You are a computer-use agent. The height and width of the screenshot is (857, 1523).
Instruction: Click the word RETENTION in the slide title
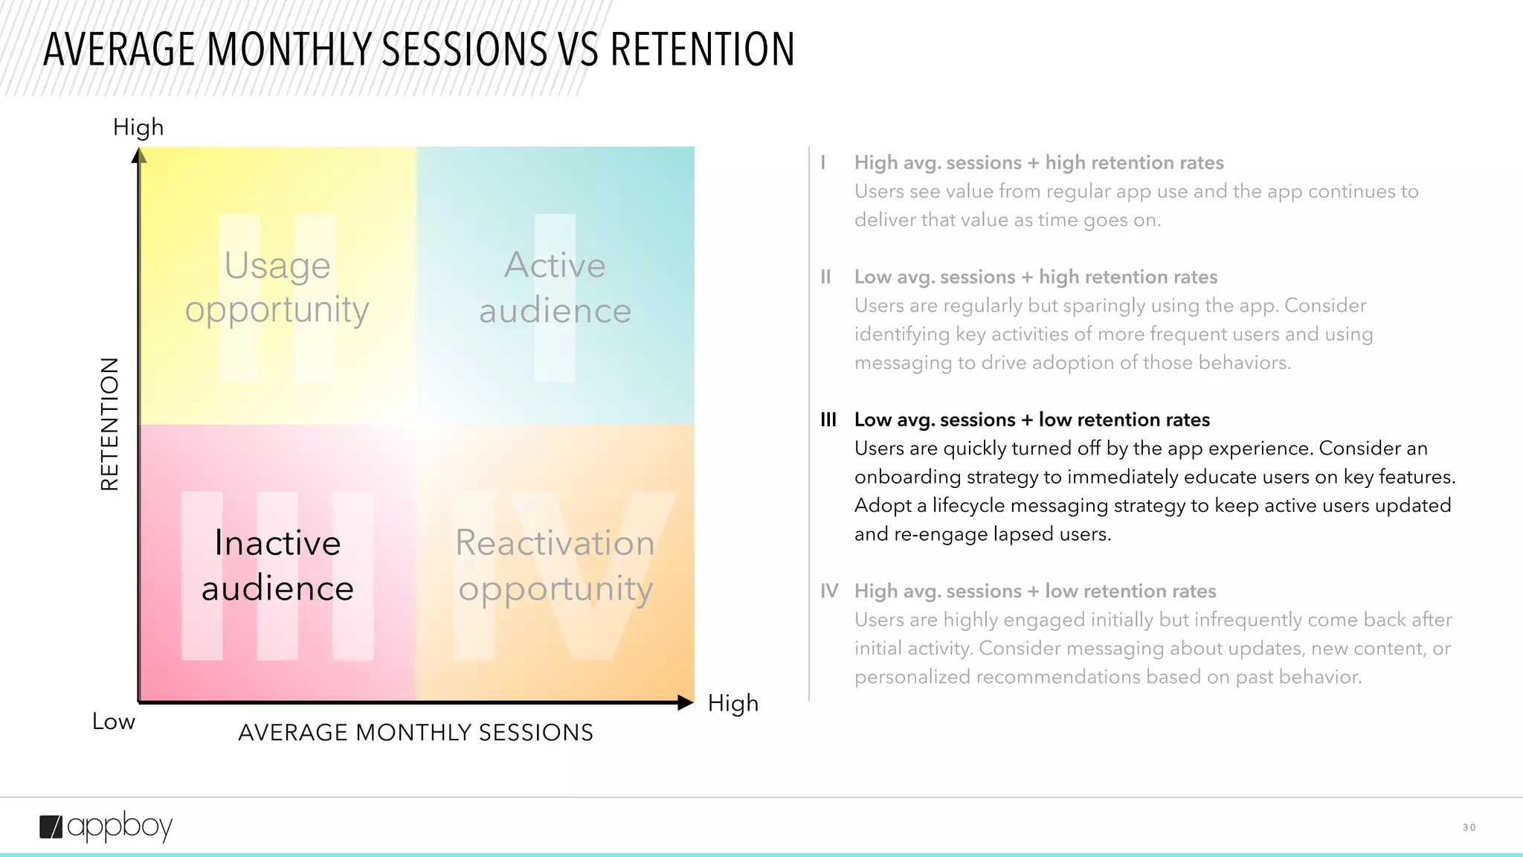point(702,50)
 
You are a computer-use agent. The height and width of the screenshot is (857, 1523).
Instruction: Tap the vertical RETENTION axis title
point(109,424)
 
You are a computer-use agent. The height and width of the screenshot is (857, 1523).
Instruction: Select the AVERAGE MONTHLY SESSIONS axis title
point(416,733)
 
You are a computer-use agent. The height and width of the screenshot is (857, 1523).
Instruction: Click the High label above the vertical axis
point(138,127)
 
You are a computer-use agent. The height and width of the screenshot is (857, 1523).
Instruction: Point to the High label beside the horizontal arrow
point(732,703)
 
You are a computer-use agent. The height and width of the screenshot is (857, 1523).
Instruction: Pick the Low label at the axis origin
point(114,722)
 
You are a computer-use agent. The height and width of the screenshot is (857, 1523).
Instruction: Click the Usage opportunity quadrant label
point(277,287)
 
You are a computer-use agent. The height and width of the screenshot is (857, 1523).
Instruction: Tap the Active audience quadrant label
point(555,287)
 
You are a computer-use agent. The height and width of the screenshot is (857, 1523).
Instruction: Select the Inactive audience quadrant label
point(277,565)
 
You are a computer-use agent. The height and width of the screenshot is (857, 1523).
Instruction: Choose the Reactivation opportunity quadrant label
point(555,565)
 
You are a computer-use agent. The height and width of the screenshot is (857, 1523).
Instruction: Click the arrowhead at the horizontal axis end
point(685,702)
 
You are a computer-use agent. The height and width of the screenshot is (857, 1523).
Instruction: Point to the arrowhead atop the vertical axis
point(139,155)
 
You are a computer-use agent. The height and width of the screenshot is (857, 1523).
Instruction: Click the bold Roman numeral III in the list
point(828,420)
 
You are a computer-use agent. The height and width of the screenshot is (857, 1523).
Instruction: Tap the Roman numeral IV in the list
point(829,591)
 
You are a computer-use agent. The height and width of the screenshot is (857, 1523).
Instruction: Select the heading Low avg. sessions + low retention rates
point(1031,420)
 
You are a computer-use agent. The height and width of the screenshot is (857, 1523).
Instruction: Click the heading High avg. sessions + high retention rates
point(1038,162)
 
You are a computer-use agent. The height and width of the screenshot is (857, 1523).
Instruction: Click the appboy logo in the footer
point(106,826)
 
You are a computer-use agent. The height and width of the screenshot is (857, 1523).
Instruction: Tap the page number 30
point(1469,827)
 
